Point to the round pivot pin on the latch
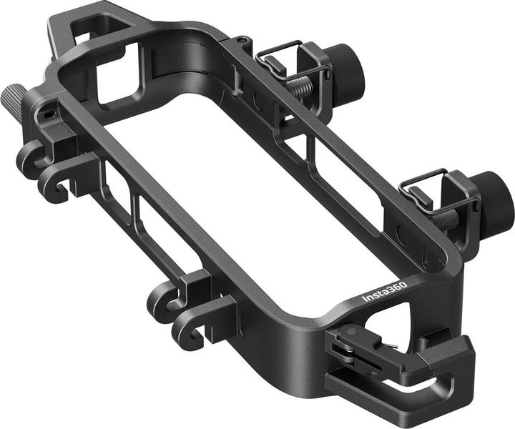tap(348, 332)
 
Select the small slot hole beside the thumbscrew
tap(47, 113)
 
